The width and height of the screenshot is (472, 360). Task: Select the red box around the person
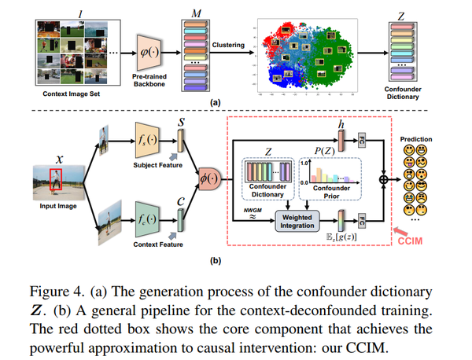click(54, 180)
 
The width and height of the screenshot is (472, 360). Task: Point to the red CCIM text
click(418, 239)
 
